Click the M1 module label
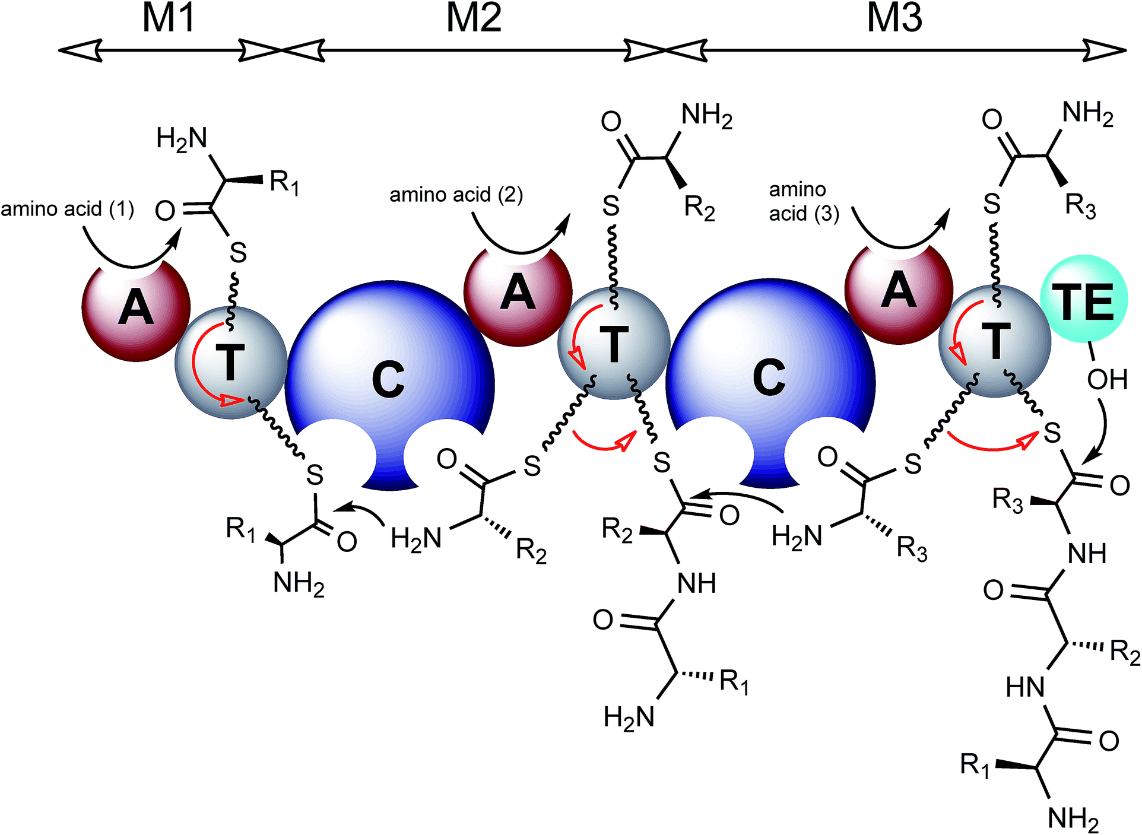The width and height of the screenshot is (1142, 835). (169, 18)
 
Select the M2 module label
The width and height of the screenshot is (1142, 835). (474, 18)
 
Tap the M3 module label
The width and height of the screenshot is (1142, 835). (894, 18)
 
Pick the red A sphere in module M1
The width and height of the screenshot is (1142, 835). (135, 309)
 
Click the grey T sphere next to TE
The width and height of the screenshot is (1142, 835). (995, 342)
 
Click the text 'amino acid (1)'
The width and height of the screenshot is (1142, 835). (67, 209)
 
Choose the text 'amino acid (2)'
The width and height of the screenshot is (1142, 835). (456, 195)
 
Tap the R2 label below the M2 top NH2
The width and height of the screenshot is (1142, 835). (699, 208)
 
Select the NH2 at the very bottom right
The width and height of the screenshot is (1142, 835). (1073, 819)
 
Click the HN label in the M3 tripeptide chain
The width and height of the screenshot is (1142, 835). (1026, 688)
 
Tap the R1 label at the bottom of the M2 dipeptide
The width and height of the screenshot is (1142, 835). (734, 682)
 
